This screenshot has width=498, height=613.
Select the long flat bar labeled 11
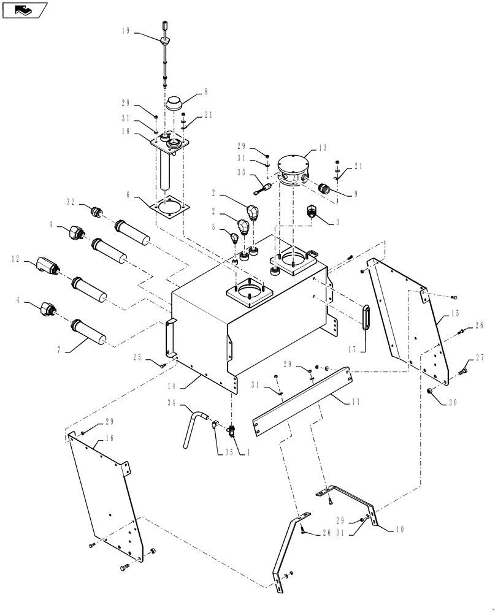point(303,402)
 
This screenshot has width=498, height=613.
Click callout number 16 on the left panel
point(110,438)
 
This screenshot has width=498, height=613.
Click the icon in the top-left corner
point(25,9)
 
